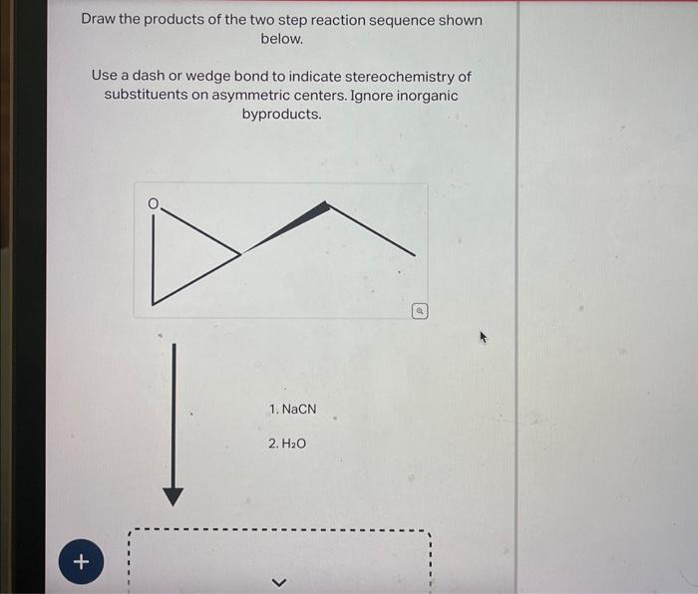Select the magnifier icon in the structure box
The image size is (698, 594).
tap(420, 311)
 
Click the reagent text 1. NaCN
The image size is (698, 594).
tap(292, 410)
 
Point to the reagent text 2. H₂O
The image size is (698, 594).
tap(286, 443)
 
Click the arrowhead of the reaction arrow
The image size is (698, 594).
tap(174, 496)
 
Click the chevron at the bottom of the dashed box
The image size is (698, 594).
tap(278, 582)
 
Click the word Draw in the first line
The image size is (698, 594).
tap(100, 20)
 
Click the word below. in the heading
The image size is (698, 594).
tap(281, 39)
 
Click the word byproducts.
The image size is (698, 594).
tap(281, 115)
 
